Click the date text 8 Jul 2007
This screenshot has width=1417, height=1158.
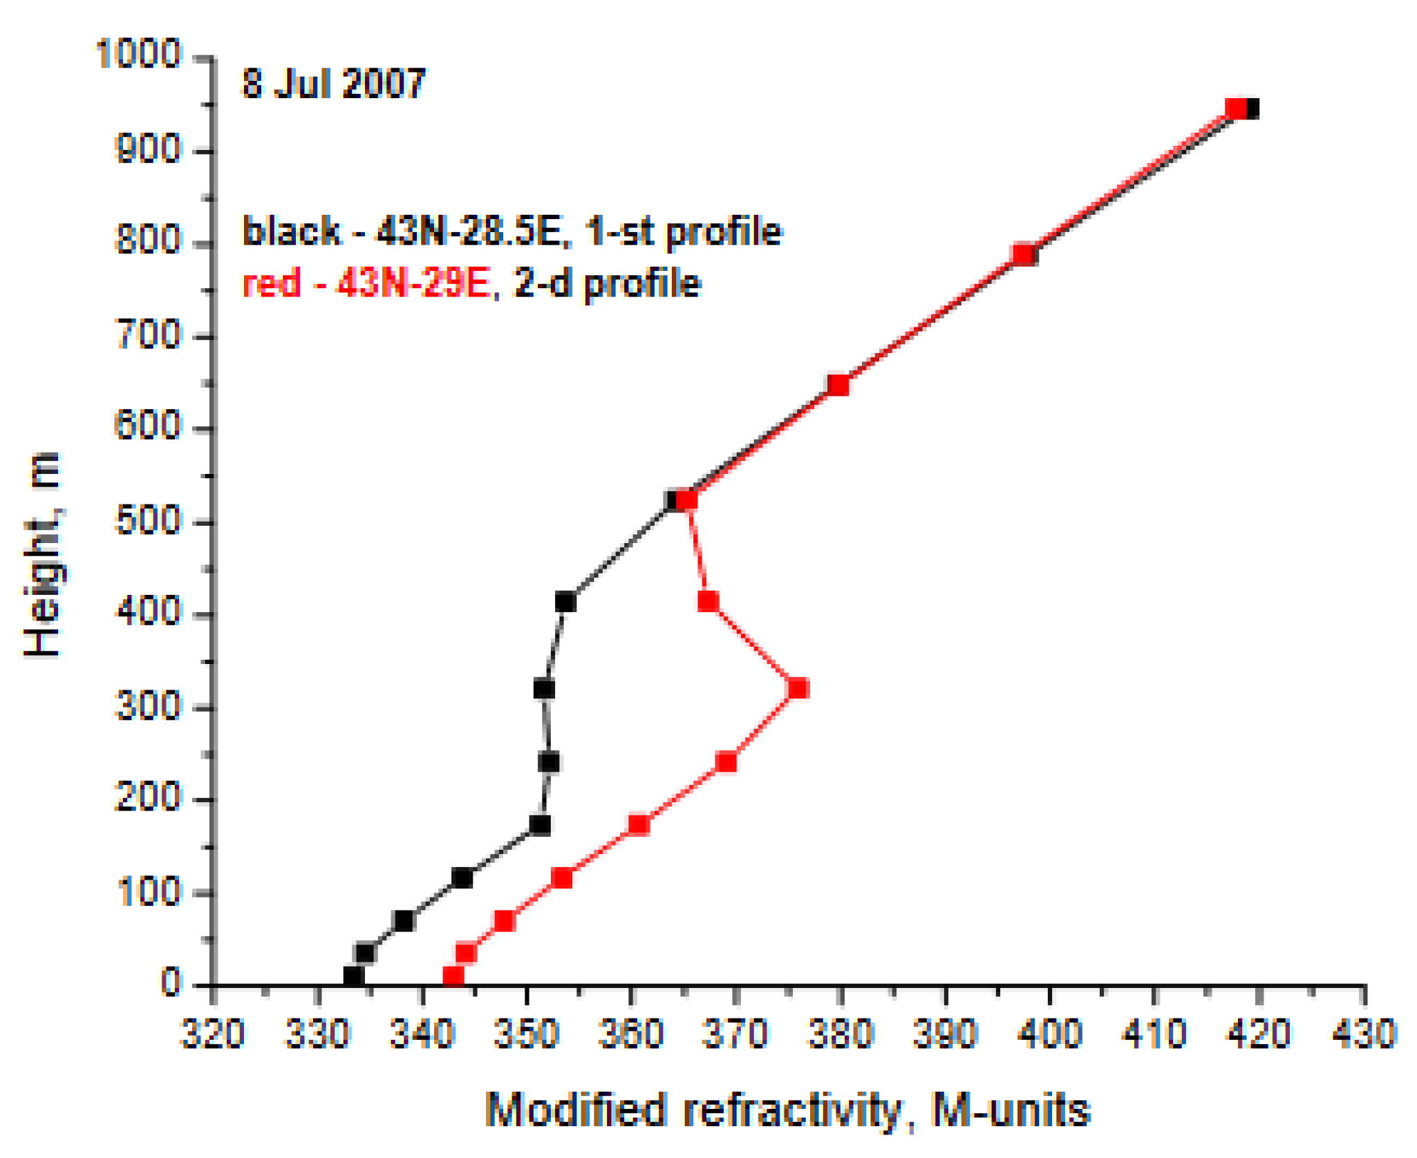[332, 84]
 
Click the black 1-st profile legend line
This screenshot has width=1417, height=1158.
[511, 231]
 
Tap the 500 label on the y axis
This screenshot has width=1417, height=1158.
[147, 521]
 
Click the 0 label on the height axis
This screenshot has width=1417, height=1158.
[170, 982]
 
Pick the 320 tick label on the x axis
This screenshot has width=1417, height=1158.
[212, 1035]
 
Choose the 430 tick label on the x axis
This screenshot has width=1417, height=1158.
[1364, 1035]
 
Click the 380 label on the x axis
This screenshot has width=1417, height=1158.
[841, 1035]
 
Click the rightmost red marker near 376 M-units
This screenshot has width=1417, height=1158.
[798, 689]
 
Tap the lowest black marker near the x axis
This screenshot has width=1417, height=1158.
[353, 976]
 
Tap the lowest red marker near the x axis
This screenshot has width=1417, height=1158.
[453, 976]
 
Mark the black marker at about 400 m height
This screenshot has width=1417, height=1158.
[565, 602]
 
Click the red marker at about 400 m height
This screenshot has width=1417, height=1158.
[707, 601]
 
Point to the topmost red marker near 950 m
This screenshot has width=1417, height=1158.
[1236, 108]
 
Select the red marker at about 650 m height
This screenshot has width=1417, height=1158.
[838, 385]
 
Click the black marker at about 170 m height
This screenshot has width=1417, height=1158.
[540, 825]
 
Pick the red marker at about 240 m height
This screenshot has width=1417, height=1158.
[726, 762]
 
